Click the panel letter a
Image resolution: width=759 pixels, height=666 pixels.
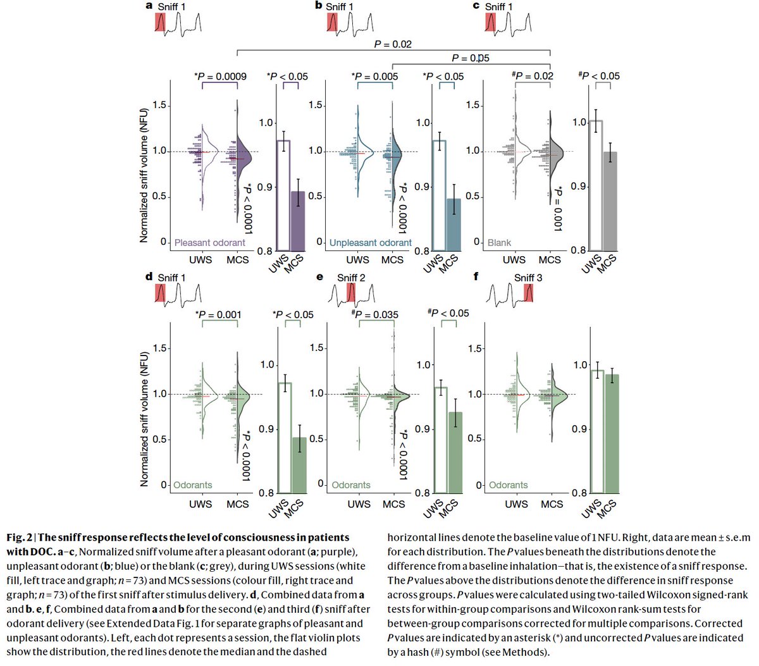[149, 6]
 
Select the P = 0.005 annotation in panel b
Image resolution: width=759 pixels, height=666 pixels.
[375, 77]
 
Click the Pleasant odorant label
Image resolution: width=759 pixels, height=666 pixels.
[209, 242]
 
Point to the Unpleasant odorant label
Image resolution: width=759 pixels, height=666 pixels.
[371, 242]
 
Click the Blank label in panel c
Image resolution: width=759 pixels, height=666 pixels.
[499, 242]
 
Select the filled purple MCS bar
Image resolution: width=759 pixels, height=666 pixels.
[297, 221]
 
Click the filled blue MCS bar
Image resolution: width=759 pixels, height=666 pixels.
[454, 224]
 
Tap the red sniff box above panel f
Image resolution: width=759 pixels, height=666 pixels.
[528, 293]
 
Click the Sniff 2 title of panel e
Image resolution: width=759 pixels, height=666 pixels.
[351, 278]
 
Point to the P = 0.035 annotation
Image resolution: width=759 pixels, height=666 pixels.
[375, 314]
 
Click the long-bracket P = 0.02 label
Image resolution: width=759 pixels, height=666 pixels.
[393, 44]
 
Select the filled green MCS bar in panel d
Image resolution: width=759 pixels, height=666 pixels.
[299, 465]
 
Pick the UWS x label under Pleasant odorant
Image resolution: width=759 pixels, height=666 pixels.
[200, 259]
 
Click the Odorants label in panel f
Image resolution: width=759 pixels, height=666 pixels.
[508, 485]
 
